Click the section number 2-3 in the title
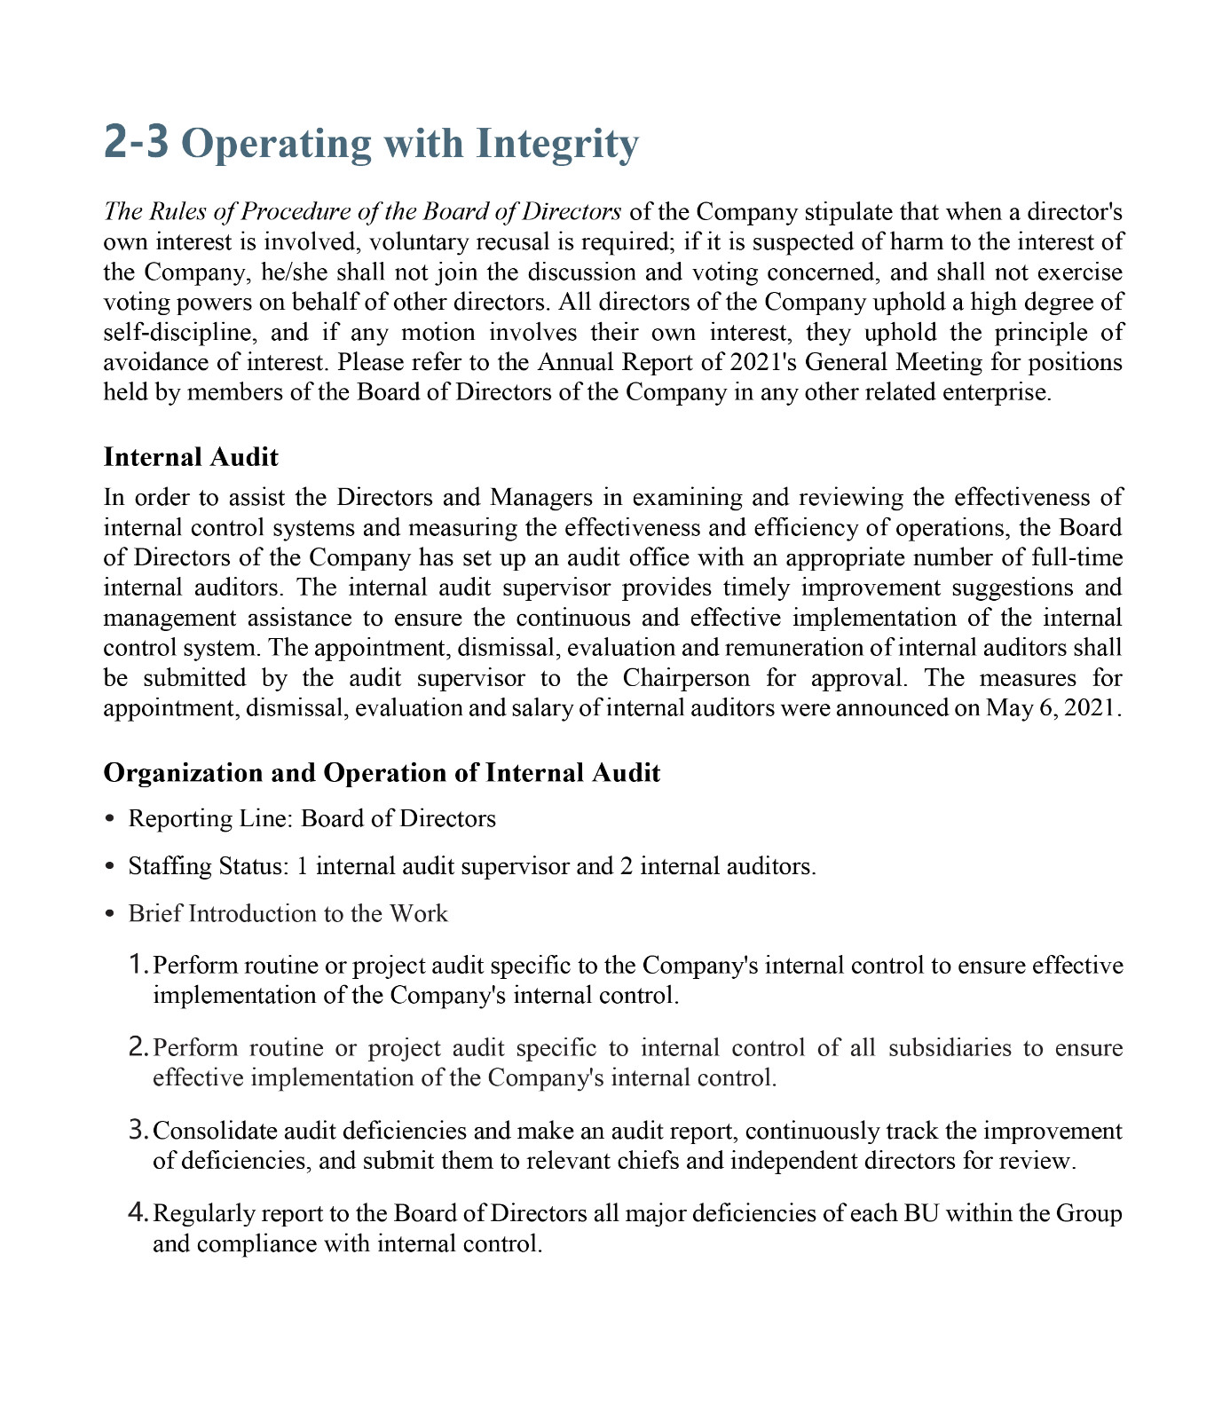136,143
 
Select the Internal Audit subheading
191,457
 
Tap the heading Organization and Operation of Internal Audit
382,772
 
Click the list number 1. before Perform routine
138,964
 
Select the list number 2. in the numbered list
138,1047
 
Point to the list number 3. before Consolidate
138,1131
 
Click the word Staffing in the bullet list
164,866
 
